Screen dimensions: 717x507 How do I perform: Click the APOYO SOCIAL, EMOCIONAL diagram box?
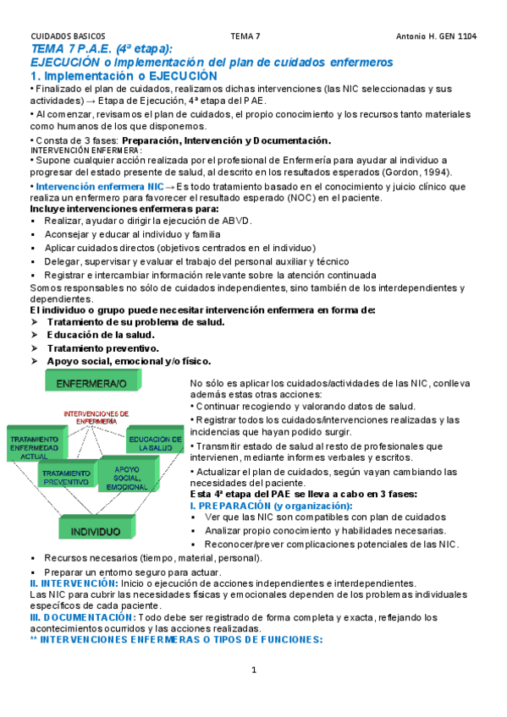(x=127, y=477)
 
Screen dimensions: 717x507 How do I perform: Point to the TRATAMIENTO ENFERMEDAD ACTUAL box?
(x=34, y=448)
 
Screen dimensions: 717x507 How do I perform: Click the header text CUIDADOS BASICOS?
(x=64, y=36)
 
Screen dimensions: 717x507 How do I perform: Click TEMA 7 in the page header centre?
(x=245, y=36)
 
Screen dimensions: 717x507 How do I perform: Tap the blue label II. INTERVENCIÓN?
(x=74, y=583)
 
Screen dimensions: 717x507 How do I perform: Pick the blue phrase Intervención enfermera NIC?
(x=100, y=186)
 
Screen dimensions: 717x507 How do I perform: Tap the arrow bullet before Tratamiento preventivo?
(x=35, y=348)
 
